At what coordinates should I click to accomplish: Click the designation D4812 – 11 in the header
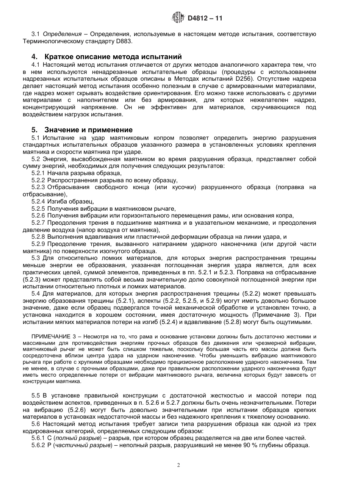pyautogui.click(x=202, y=18)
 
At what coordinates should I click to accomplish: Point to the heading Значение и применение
pyautogui.click(x=88, y=130)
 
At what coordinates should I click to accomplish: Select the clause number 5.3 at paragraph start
pyautogui.click(x=36, y=258)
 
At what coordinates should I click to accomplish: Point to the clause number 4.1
pyautogui.click(x=36, y=64)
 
